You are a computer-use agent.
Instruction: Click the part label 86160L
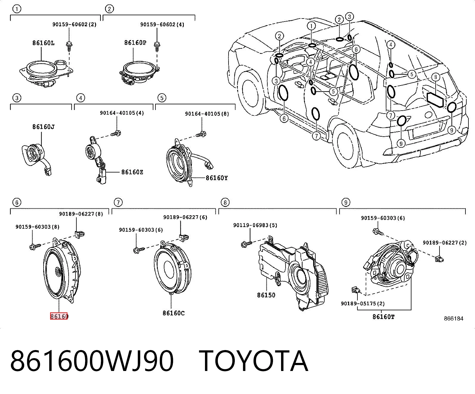click(44, 43)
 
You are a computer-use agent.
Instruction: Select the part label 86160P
click(135, 43)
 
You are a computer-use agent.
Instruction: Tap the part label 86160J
click(44, 127)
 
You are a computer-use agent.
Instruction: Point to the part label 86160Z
click(132, 172)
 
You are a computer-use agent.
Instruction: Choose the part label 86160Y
click(217, 178)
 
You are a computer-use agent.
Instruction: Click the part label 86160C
click(174, 313)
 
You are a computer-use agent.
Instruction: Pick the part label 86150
click(266, 295)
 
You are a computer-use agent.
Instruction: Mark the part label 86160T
click(383, 317)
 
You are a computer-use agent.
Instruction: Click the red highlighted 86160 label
click(59, 316)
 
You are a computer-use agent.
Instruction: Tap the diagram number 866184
click(454, 319)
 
